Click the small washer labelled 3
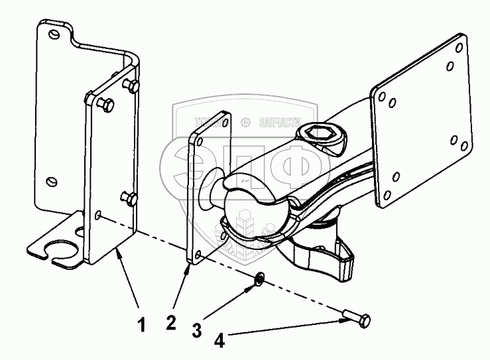click(261, 279)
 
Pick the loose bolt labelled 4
click(357, 322)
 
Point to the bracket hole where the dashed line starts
click(98, 215)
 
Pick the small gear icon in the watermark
click(245, 122)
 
